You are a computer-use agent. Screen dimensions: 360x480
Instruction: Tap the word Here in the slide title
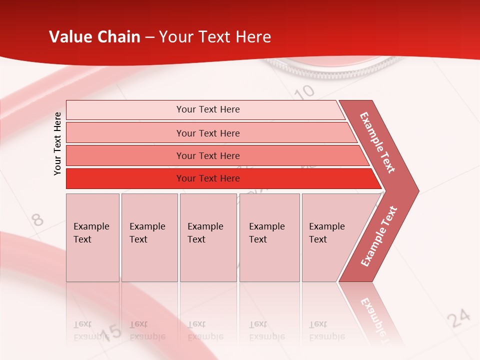pos(253,37)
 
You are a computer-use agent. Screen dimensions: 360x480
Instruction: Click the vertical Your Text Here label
pos(57,144)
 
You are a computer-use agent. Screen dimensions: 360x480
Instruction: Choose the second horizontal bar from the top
pos(208,133)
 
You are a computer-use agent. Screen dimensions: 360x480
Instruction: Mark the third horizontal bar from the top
pos(208,155)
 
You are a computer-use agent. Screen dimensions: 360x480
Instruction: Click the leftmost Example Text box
pos(92,237)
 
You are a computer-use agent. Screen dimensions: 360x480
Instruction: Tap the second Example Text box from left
pos(149,237)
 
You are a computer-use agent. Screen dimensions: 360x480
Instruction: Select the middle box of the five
pos(208,237)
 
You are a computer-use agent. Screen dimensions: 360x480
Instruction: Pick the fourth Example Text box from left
pos(269,237)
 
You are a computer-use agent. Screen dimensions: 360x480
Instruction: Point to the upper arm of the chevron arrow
pos(377,142)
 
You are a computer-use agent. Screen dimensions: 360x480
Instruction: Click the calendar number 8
pos(37,219)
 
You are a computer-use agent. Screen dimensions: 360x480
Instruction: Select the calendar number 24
pos(458,318)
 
